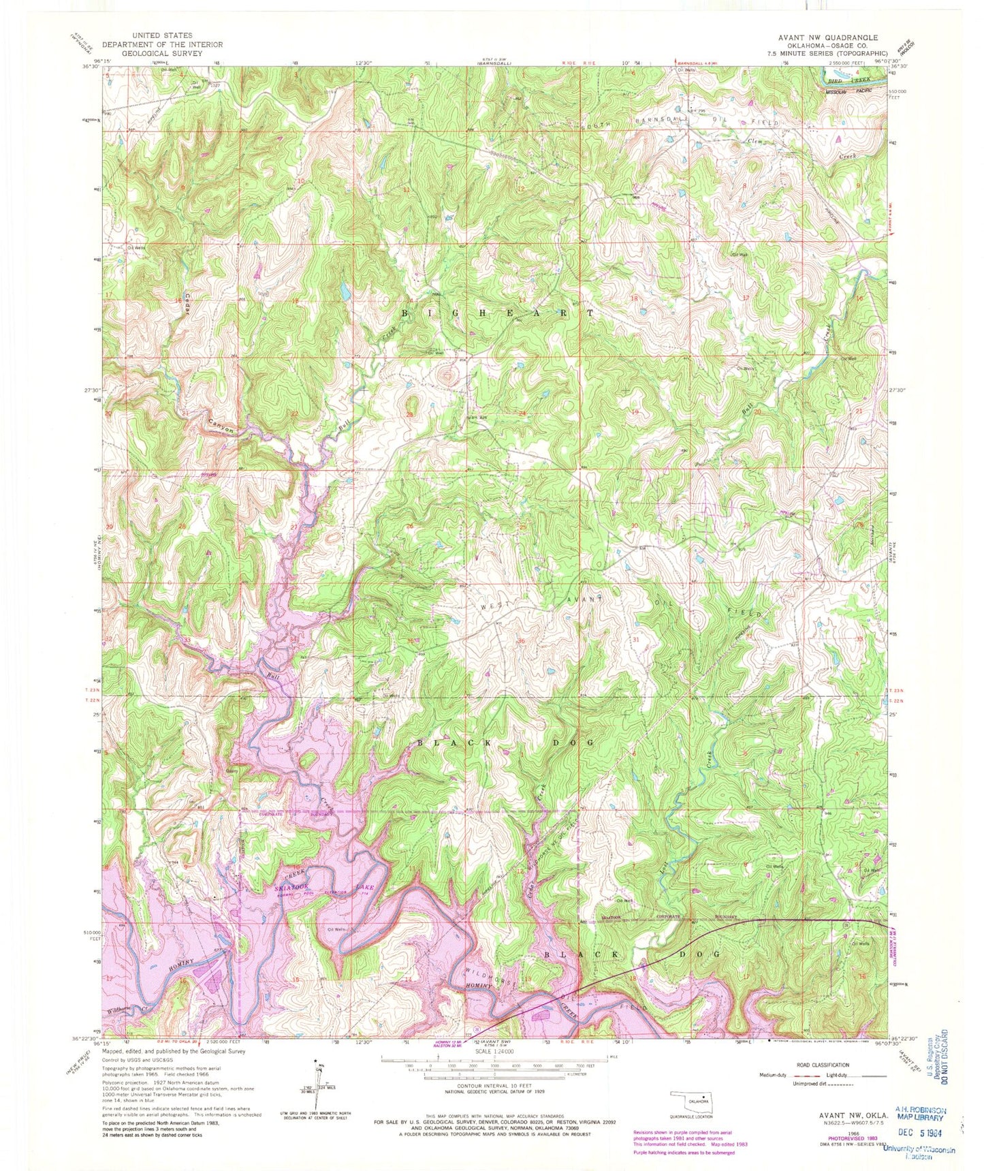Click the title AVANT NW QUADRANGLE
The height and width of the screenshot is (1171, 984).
coord(841,37)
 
